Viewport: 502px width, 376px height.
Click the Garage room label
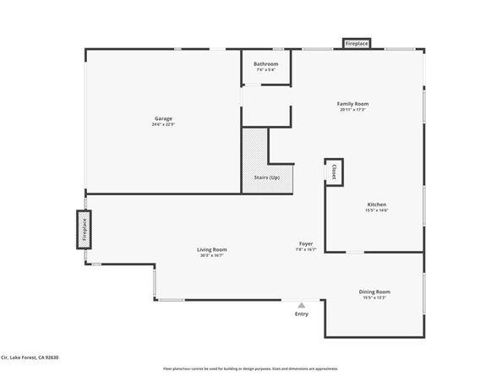pyautogui.click(x=164, y=119)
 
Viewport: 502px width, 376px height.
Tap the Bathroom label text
pyautogui.click(x=266, y=64)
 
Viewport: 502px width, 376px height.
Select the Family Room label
pyautogui.click(x=353, y=104)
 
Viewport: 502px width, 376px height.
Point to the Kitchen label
pyautogui.click(x=376, y=204)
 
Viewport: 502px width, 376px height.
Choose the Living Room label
pyautogui.click(x=212, y=249)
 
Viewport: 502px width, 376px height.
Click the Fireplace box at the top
pyautogui.click(x=356, y=43)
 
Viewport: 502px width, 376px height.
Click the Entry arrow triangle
pyautogui.click(x=301, y=305)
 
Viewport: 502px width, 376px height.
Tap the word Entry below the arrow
pyautogui.click(x=301, y=314)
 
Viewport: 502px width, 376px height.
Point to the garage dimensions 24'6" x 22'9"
pyautogui.click(x=164, y=125)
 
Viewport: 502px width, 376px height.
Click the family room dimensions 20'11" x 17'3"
pyautogui.click(x=353, y=110)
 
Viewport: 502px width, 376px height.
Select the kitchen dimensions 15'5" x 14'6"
pyautogui.click(x=376, y=210)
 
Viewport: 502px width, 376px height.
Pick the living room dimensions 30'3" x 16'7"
pyautogui.click(x=212, y=255)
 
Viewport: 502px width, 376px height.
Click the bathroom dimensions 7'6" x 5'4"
pyautogui.click(x=266, y=70)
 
